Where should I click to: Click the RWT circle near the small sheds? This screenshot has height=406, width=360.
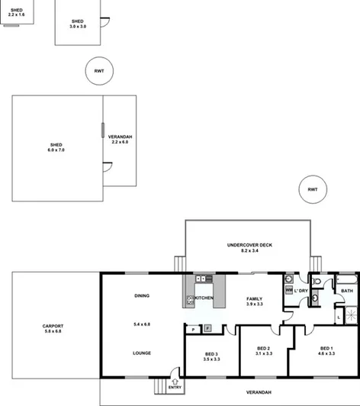98,72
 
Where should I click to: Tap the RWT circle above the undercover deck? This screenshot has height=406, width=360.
312,189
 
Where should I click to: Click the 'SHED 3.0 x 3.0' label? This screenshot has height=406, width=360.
78,24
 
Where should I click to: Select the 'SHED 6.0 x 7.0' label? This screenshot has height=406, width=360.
56,147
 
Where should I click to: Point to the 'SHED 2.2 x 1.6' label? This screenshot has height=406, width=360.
16,12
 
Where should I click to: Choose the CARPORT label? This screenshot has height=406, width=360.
54,327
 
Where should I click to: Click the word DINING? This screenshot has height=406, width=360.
142,296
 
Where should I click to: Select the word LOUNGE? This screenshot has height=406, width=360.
142,353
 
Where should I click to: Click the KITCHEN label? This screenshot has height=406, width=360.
204,298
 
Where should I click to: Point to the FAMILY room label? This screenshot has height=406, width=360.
254,298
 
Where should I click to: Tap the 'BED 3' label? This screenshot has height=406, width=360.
212,354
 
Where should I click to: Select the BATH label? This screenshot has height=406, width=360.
347,291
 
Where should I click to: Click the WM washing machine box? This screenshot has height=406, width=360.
288,290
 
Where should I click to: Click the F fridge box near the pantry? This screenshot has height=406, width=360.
207,329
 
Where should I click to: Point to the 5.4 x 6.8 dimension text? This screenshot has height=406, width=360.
142,324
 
